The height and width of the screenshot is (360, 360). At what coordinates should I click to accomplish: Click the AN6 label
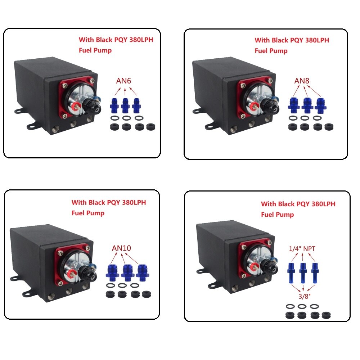(x=123, y=81)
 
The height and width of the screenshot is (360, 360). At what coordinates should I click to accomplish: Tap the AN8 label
(x=302, y=81)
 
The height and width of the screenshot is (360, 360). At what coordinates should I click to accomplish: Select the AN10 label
(x=121, y=248)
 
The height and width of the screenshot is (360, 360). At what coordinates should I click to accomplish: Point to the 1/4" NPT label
(x=302, y=249)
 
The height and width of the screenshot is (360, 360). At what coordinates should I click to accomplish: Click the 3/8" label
(x=305, y=296)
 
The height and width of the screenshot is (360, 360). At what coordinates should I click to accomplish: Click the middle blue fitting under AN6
(x=125, y=105)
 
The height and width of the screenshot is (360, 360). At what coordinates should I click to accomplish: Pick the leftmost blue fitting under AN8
(x=294, y=105)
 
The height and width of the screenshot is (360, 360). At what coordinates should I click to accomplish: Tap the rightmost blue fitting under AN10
(x=143, y=273)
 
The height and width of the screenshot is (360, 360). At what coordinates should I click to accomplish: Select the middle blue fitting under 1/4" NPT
(x=303, y=273)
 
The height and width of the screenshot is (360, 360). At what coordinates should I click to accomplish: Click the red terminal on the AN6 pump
(x=76, y=106)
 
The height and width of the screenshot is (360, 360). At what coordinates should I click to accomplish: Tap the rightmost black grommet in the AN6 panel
(x=150, y=126)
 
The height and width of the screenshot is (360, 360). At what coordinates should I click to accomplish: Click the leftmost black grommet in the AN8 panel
(x=293, y=127)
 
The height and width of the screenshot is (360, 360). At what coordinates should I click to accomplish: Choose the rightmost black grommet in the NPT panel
(x=326, y=315)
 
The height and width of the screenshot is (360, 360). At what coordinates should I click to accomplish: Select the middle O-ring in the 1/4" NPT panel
(x=302, y=306)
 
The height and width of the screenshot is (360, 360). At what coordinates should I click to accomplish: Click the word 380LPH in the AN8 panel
(x=317, y=40)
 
